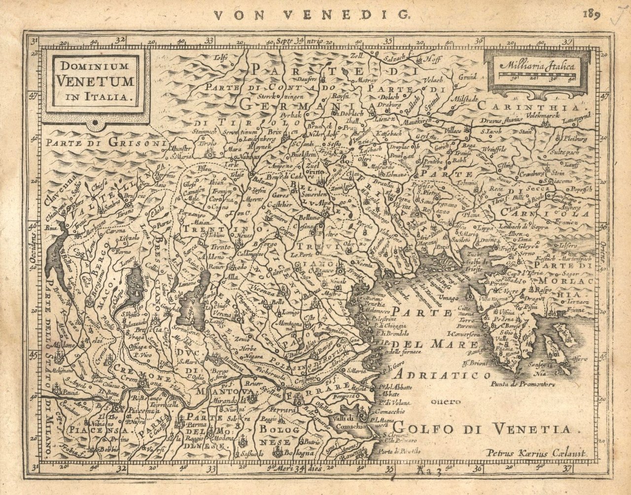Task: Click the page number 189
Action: tap(591, 13)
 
